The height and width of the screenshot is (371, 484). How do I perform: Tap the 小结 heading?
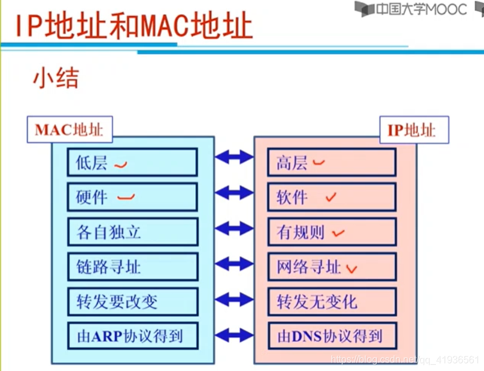56,80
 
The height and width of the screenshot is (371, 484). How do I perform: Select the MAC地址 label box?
69,130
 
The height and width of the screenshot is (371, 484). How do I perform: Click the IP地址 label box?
411,130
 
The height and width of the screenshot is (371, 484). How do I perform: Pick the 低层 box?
133,162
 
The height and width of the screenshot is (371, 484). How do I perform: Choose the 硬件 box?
133,197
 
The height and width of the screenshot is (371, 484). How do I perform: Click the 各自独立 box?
133,232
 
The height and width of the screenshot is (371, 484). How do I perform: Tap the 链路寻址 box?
133,266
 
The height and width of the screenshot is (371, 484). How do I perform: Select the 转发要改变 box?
133,301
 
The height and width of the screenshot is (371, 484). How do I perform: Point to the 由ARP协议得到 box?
133,335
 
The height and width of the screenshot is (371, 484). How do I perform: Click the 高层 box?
332,162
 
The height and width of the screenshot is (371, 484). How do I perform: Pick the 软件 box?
332,197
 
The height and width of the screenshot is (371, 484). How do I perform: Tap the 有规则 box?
332,232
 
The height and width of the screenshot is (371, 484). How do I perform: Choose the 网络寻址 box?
332,266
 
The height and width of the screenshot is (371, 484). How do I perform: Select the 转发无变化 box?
332,301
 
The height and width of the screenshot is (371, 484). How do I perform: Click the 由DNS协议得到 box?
332,335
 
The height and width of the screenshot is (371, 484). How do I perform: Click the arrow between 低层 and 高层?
234,158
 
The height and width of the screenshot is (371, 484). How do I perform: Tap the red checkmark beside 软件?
331,197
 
